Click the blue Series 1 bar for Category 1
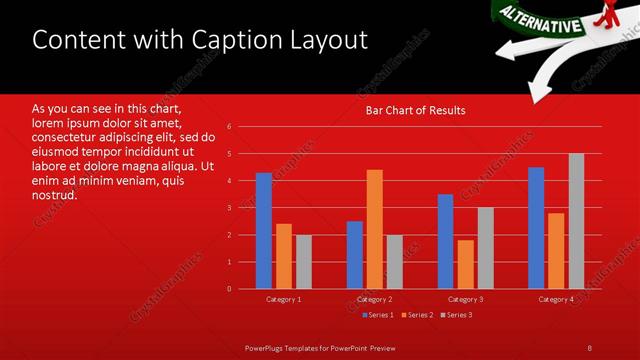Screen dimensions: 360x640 tap(264, 231)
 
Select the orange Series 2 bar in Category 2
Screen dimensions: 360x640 tap(374, 229)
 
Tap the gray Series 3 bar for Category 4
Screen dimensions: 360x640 tap(576, 221)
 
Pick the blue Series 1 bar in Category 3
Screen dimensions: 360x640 tap(445, 241)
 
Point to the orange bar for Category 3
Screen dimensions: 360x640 tap(465, 264)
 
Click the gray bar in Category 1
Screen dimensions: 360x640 tap(303, 262)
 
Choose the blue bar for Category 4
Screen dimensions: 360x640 tap(536, 228)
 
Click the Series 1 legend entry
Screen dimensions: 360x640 tap(378, 315)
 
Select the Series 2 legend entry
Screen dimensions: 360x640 tap(418, 315)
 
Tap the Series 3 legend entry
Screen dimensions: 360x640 tap(457, 315)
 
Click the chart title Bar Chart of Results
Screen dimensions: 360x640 tap(415, 110)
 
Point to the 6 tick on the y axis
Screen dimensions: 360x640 tap(230, 127)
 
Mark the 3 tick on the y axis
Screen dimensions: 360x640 tap(230, 208)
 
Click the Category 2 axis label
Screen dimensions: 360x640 tap(374, 299)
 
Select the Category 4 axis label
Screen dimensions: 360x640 tap(556, 299)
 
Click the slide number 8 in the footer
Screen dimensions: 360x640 tap(590, 347)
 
